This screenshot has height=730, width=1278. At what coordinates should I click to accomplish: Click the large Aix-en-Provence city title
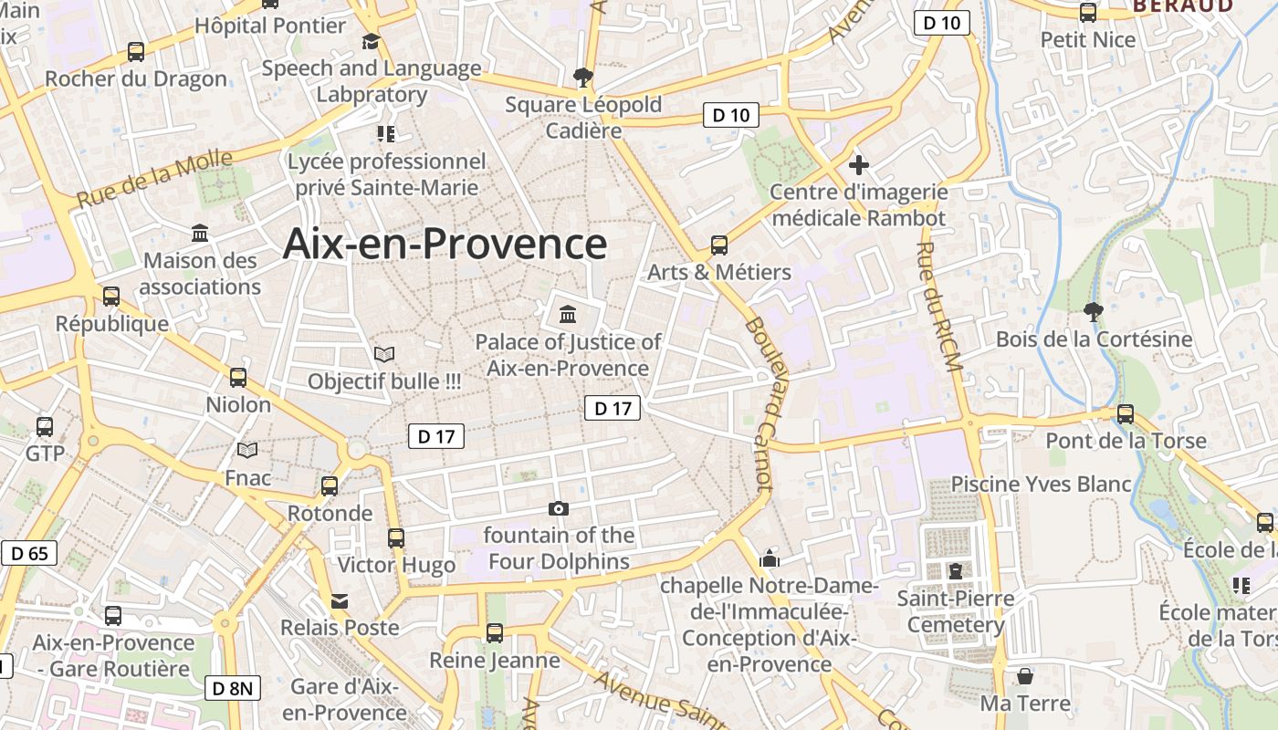point(445,245)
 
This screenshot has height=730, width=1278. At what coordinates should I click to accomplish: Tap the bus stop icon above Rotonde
point(330,486)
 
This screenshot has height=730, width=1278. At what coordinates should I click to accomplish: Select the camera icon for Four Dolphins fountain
point(559,508)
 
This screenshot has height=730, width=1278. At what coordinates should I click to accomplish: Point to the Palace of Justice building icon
point(568,316)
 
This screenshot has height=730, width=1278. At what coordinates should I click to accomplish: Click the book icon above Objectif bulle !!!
point(384,354)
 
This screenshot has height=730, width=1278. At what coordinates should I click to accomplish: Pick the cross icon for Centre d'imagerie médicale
point(858,165)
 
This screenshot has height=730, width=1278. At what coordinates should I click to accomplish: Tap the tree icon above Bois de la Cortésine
point(1093,312)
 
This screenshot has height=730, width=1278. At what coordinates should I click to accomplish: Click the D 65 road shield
point(29,553)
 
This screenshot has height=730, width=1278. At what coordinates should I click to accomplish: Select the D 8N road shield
point(232,688)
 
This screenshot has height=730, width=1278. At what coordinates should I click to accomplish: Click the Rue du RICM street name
point(939,307)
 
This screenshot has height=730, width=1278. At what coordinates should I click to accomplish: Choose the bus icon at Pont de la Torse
point(1126,414)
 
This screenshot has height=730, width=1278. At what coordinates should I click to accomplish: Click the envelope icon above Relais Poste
point(340,601)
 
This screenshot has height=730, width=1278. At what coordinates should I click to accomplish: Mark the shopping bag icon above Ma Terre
point(1025,676)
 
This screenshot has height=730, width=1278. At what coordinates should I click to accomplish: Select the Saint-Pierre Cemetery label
point(955,612)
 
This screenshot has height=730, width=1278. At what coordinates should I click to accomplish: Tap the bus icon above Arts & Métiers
point(719,245)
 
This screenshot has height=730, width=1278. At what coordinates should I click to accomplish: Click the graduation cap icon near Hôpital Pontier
point(371,42)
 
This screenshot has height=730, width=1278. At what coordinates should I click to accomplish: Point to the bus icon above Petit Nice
point(1088,13)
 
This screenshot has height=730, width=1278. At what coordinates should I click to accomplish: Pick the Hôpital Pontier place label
point(270,26)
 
